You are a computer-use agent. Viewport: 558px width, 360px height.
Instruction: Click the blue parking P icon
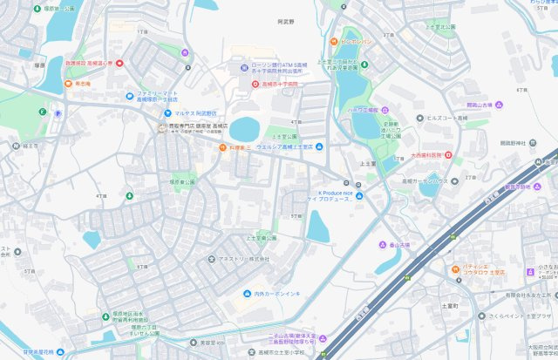[x=59, y=112]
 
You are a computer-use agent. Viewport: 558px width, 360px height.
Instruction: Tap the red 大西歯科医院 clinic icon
[x=448, y=155]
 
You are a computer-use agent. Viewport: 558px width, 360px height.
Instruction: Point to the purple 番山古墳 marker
[x=381, y=245]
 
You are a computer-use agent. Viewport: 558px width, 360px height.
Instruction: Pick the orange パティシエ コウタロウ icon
[x=455, y=269]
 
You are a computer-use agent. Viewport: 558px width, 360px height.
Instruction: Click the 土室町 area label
[x=450, y=306]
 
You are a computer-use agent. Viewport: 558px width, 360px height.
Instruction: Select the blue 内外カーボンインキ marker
[x=248, y=293]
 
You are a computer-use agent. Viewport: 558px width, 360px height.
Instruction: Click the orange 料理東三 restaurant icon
[x=222, y=148]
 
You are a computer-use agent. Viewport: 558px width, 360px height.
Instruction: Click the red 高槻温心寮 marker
[x=119, y=63]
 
